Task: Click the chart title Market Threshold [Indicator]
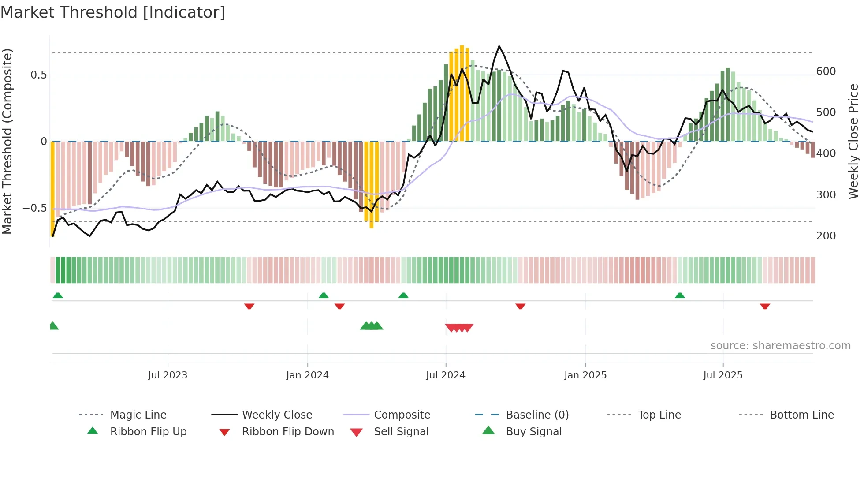(x=113, y=12)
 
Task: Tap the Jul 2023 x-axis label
(x=168, y=375)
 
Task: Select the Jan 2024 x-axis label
(x=307, y=375)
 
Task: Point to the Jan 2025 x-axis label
(x=585, y=375)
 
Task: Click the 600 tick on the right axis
(x=826, y=71)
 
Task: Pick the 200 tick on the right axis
(x=826, y=236)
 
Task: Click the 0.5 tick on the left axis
(x=38, y=75)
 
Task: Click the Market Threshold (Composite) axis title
(x=7, y=141)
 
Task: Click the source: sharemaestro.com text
(x=780, y=346)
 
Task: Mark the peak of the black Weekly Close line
(x=499, y=46)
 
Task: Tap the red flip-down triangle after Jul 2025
(x=765, y=306)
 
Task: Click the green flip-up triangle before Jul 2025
(x=680, y=295)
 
